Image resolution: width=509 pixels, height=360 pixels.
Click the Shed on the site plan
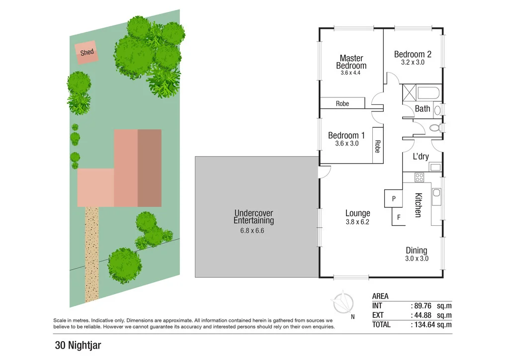tap(86, 52)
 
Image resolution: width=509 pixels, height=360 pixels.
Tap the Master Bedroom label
tap(351, 62)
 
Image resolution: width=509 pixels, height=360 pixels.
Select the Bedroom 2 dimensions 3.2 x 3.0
tap(412, 63)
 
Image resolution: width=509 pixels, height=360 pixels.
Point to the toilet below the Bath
tap(435, 128)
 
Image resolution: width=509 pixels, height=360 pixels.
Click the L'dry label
tap(421, 157)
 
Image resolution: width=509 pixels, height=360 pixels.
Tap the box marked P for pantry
tap(393, 198)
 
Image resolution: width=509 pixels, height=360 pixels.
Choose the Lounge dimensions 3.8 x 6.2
tap(358, 222)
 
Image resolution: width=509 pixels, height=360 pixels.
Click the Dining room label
tap(416, 251)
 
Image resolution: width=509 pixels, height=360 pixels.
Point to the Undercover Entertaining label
tap(254, 217)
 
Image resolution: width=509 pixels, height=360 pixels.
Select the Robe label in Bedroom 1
tap(377, 146)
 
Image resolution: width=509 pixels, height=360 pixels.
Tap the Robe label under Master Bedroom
tap(342, 103)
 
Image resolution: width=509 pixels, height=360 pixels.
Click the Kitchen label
tap(418, 205)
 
